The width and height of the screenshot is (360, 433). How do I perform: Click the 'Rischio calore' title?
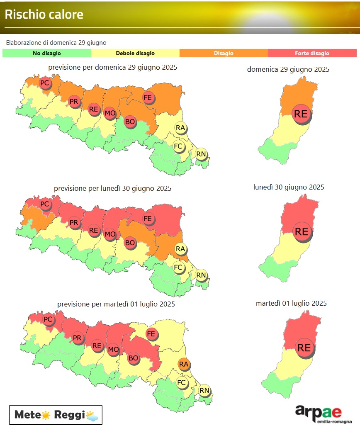coord(44,15)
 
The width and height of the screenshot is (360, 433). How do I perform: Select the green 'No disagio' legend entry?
coord(46,53)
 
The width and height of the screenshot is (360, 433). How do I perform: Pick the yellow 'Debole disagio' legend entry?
coord(135,53)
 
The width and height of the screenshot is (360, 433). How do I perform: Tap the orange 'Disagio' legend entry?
coord(224,53)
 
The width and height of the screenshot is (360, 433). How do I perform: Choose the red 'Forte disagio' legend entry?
coord(312,53)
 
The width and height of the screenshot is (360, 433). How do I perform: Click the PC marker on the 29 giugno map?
coord(45,83)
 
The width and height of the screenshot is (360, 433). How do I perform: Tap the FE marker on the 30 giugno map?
coord(148,219)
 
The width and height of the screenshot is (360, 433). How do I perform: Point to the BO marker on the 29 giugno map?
coord(130,122)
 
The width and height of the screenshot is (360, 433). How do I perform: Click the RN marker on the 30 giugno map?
coord(201,275)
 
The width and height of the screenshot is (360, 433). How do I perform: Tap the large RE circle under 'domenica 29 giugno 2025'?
coord(301,114)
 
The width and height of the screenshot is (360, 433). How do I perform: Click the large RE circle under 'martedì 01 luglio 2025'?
coord(304,348)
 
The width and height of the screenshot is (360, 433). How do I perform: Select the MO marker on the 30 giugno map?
coord(110,234)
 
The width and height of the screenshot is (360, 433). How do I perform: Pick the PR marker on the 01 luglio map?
coord(77,338)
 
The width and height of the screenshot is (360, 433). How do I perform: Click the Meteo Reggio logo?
coord(56,415)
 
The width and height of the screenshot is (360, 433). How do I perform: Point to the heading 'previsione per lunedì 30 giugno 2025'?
coord(112,188)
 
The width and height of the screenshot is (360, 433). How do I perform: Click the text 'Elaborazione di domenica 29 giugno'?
coord(56,42)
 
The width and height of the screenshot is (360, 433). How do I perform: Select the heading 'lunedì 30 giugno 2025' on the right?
coord(289,187)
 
